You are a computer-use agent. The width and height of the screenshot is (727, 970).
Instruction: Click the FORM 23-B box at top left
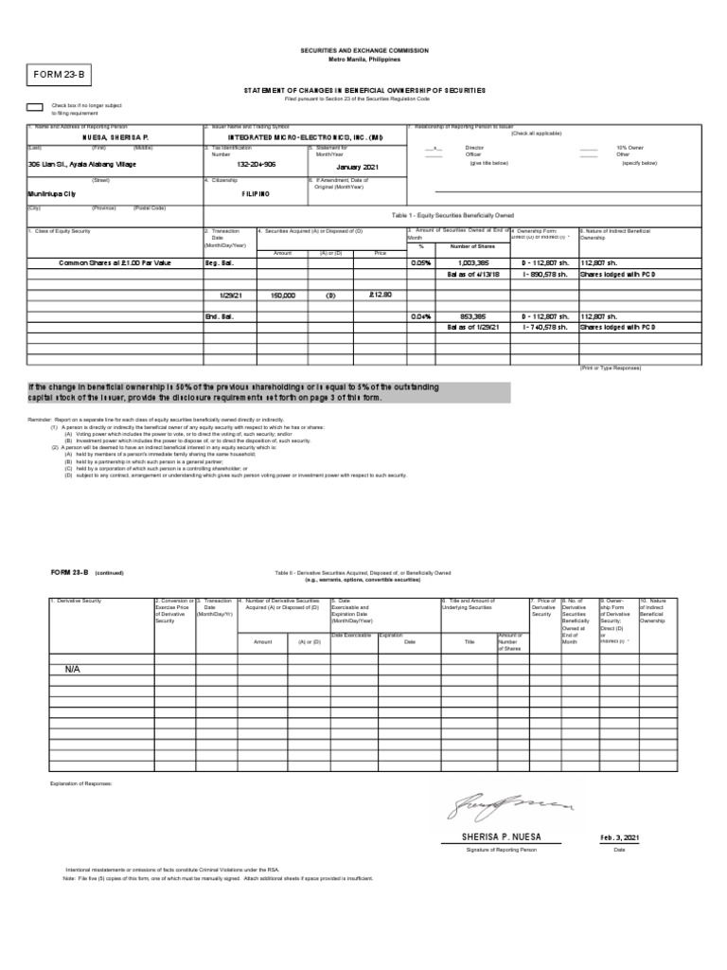coord(62,75)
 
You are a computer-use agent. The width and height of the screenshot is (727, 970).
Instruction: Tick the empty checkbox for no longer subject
coord(34,108)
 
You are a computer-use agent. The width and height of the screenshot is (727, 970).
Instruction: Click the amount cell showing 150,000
coord(283,295)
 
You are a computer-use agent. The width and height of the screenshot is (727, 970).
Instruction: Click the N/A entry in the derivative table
coord(73,669)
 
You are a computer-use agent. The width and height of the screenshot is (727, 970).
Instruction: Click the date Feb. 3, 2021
coord(619,838)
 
